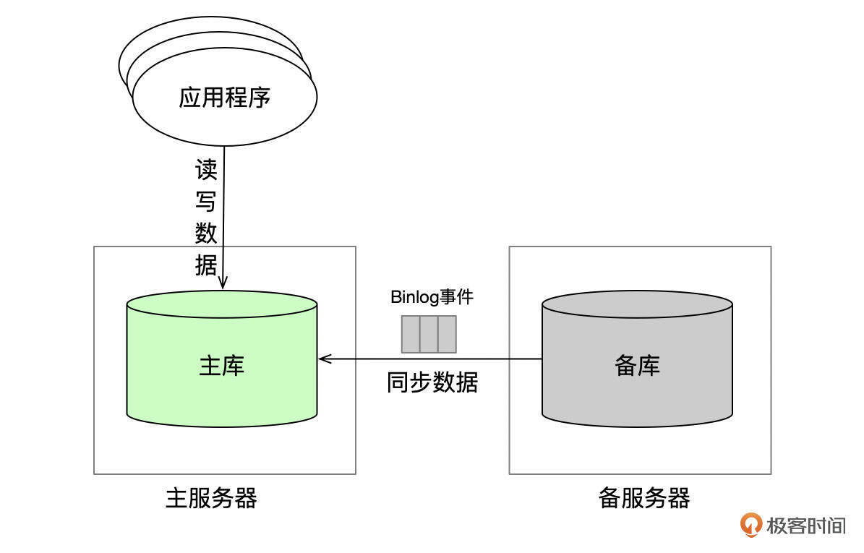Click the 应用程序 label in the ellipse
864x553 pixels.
click(224, 97)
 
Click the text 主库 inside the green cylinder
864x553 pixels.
click(222, 366)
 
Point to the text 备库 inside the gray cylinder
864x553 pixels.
click(637, 366)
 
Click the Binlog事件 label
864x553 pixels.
click(432, 296)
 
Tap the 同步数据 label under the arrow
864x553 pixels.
click(432, 382)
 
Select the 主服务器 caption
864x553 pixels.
click(211, 498)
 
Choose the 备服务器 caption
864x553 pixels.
click(643, 498)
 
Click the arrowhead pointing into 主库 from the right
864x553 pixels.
click(322, 358)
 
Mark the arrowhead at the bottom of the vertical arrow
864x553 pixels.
click(224, 283)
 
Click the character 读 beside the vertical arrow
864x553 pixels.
click(206, 171)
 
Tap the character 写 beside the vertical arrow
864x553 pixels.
click(206, 202)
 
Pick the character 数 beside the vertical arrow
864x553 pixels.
click(206, 233)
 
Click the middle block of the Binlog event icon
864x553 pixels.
click(429, 334)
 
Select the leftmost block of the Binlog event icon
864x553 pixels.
click(411, 334)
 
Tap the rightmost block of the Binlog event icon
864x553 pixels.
click(447, 334)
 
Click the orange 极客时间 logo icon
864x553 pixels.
click(751, 524)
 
